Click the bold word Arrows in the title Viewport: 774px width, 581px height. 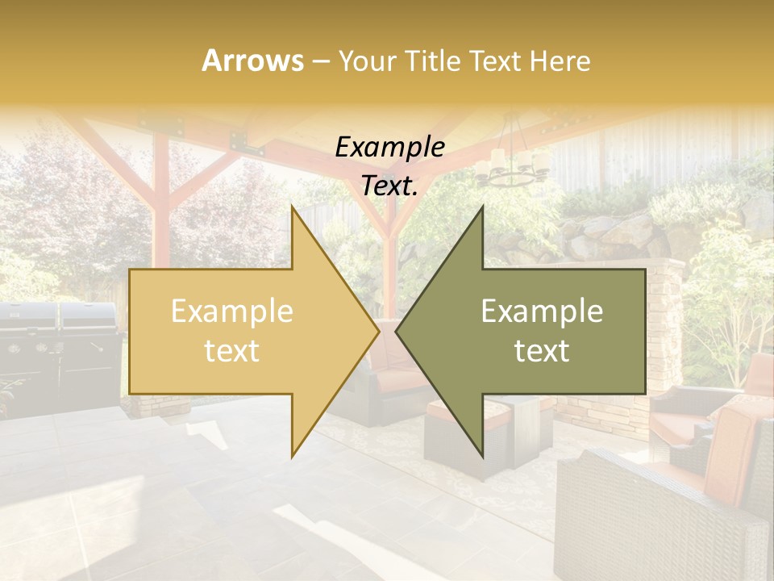coord(252,61)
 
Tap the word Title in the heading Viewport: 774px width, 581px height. coord(433,61)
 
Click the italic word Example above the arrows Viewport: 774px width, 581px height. coord(389,148)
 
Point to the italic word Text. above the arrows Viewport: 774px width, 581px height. coord(389,186)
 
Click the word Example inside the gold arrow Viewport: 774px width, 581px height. coord(231,311)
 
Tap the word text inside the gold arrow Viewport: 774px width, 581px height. coord(231,350)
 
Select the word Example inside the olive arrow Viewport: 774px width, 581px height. coord(542,311)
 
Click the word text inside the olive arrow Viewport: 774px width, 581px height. coord(542,350)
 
